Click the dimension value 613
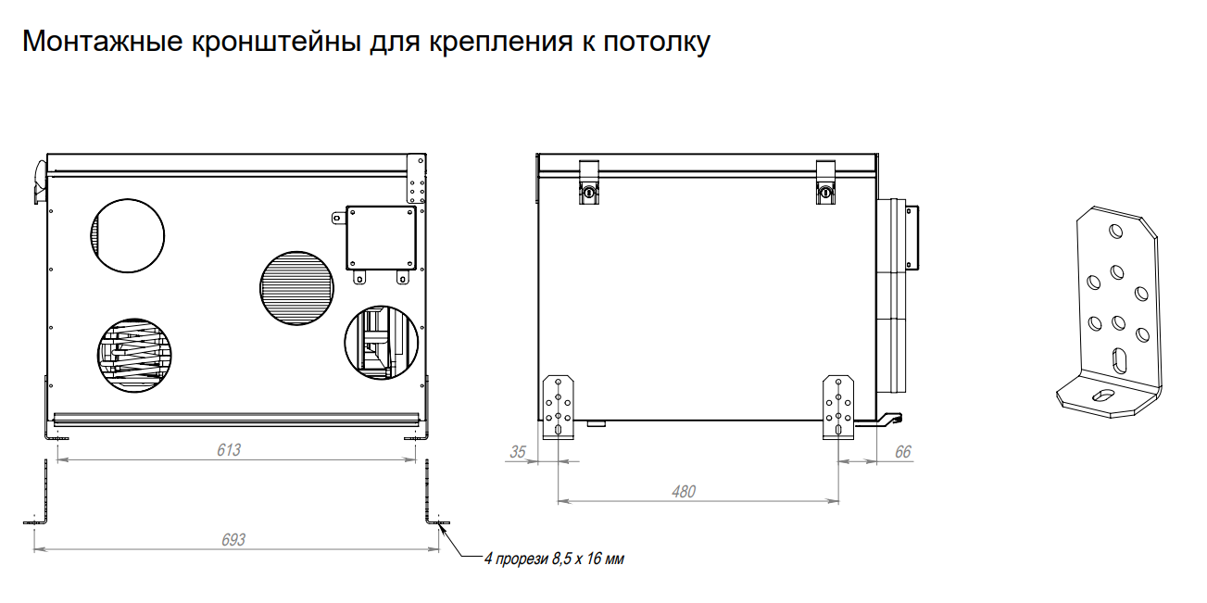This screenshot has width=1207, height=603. [x=229, y=450]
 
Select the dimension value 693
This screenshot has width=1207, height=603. [x=233, y=539]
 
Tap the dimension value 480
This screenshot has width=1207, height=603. [x=683, y=492]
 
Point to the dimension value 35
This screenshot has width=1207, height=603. [x=518, y=452]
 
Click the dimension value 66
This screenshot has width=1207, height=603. [x=902, y=452]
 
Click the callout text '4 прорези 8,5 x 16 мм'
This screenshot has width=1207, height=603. [x=548, y=559]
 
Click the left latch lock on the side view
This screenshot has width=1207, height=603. [x=590, y=191]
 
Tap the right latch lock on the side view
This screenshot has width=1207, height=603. [x=826, y=191]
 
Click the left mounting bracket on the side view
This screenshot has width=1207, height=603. [x=559, y=408]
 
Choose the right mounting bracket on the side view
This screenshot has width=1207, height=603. [x=839, y=408]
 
